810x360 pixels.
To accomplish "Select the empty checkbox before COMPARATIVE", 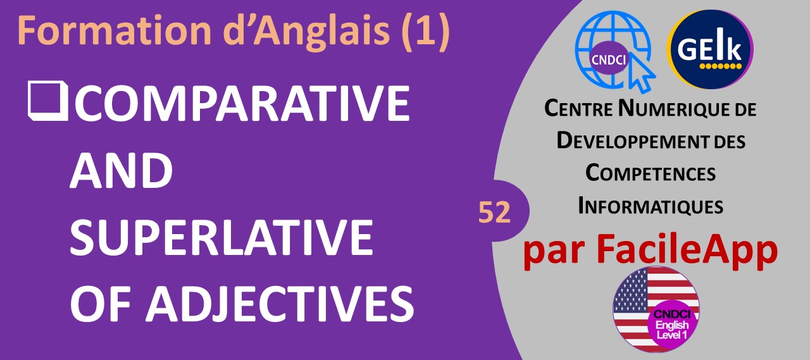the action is coord(47,101).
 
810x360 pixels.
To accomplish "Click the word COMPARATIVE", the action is coord(242,103).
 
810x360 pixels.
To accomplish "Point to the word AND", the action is coord(121,170).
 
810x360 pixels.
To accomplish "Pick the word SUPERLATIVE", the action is coord(221,237).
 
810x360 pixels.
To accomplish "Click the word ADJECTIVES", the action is coord(280,304).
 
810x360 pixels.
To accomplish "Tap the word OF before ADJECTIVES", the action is coord(100,304).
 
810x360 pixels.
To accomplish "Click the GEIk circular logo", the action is coord(710,49).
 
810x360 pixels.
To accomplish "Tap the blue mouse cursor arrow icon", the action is coord(642,74).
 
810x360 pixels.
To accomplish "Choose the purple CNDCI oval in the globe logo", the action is coord(609,59).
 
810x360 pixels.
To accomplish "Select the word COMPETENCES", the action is coord(651,173).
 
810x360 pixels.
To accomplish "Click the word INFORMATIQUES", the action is coord(651,206).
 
